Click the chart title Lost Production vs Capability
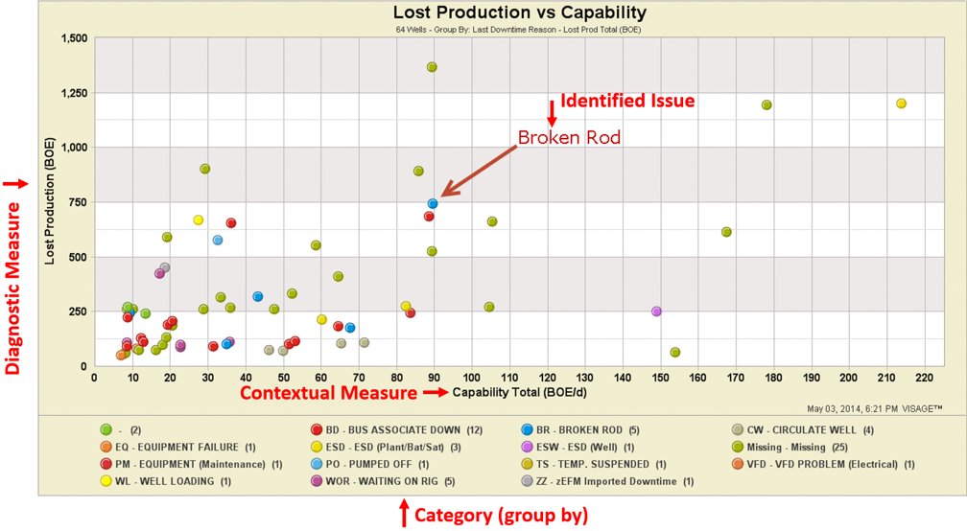(x=519, y=12)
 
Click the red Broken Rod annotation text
(x=569, y=137)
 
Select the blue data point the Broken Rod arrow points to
(x=433, y=203)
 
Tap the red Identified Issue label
(x=627, y=101)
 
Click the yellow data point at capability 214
(x=901, y=104)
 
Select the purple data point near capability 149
(x=656, y=312)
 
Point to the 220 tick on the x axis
(x=925, y=377)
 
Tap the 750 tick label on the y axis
(x=77, y=202)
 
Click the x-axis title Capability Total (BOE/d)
(x=514, y=392)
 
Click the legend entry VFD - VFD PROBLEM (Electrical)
(x=821, y=464)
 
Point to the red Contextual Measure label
(x=328, y=393)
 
